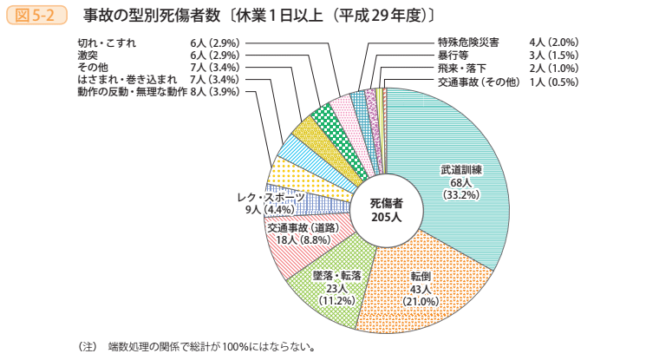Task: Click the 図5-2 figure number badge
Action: pos(36,16)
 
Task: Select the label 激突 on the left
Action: pos(88,55)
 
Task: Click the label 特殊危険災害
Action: pos(467,43)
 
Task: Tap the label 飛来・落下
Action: pos(461,68)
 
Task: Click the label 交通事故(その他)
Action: pos(478,81)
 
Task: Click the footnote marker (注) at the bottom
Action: pos(87,346)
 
